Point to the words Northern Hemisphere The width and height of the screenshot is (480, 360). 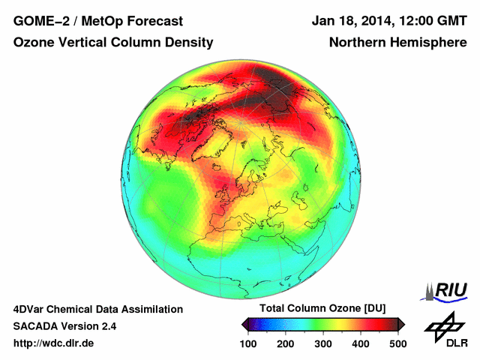[397, 43]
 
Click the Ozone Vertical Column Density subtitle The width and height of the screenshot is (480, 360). [113, 43]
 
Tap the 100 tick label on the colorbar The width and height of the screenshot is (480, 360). [248, 343]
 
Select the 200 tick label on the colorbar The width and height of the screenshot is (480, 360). [286, 343]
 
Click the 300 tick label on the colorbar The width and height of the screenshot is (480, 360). [323, 343]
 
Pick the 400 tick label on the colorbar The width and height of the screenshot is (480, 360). [361, 343]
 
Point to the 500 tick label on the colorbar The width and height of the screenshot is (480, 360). [397, 343]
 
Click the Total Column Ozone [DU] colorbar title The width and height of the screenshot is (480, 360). [322, 309]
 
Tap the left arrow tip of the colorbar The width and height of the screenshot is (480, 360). [243, 324]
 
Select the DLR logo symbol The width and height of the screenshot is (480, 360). [442, 324]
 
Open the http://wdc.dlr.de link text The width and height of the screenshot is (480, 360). [54, 343]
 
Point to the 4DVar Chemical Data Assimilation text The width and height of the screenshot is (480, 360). [97, 309]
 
